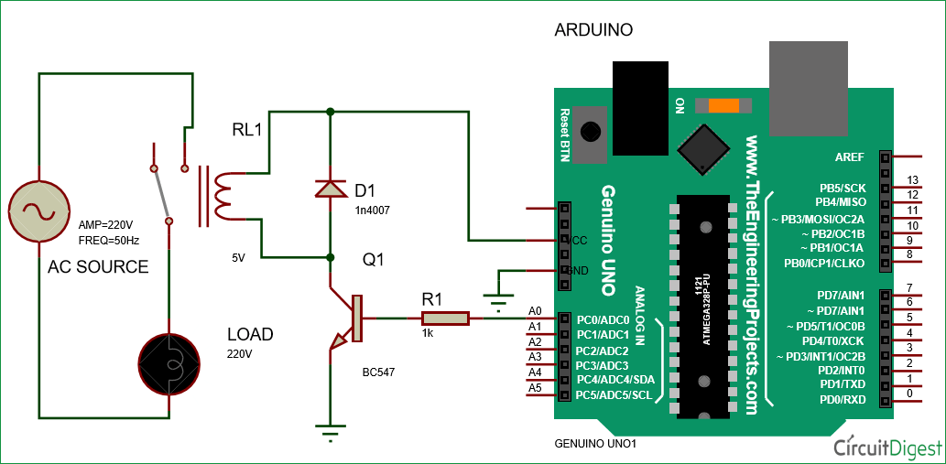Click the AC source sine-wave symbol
39,210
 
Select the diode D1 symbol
329,189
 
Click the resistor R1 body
445,318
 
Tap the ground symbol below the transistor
328,427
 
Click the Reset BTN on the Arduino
593,131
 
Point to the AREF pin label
850,157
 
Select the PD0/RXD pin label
842,399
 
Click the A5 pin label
536,388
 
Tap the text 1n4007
373,210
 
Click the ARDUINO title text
593,30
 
